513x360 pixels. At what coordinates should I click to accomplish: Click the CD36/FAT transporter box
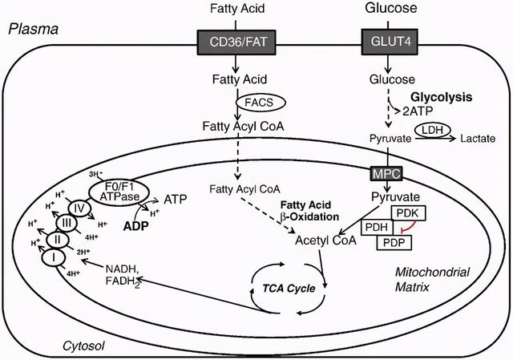click(236, 42)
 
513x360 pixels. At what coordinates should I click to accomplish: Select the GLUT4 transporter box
click(390, 42)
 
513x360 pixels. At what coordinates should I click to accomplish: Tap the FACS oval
click(261, 103)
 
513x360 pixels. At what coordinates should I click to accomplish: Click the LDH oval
click(433, 130)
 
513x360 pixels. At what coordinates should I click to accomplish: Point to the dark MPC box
click(386, 173)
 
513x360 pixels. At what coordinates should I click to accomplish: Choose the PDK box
click(409, 213)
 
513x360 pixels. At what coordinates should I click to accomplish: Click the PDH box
click(377, 227)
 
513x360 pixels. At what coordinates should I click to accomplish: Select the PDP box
click(394, 242)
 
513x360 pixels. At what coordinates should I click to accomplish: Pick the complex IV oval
click(79, 208)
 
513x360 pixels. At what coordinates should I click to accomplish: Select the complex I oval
click(54, 258)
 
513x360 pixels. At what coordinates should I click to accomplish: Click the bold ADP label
click(135, 226)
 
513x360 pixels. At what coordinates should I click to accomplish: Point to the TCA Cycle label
click(289, 289)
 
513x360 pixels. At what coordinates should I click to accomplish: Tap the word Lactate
click(478, 139)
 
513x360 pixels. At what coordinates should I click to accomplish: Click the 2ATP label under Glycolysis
click(418, 111)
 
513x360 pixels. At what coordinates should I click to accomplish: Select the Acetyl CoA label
click(325, 241)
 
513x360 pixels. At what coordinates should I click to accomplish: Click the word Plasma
click(34, 30)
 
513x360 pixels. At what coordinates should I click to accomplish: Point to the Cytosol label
click(83, 346)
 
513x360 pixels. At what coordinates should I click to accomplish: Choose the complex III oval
click(67, 224)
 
